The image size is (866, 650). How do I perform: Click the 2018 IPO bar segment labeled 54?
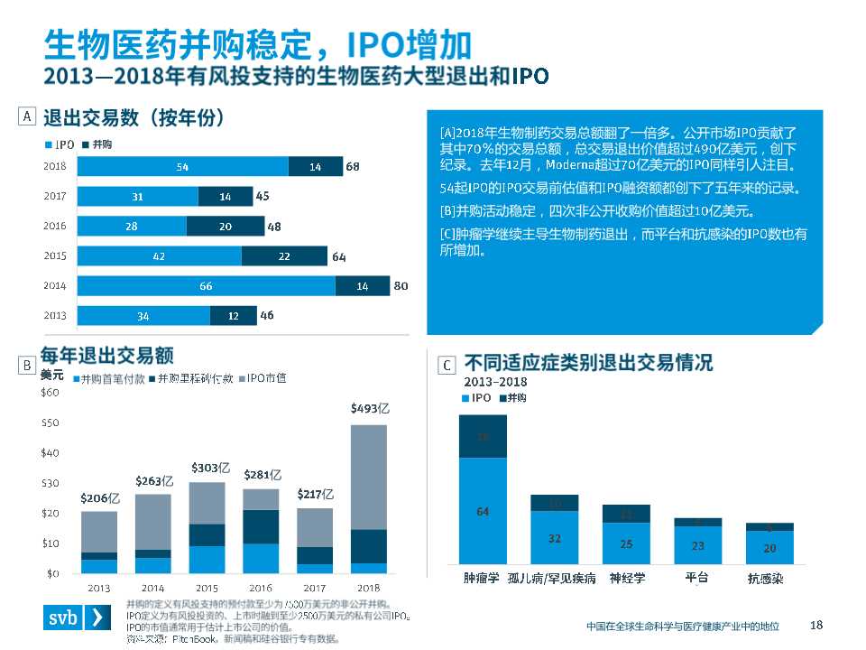coord(182,167)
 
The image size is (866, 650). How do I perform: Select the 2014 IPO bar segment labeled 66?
coord(206,286)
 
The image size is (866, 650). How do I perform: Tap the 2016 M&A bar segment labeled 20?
coord(225,227)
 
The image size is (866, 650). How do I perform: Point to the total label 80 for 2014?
coord(401,286)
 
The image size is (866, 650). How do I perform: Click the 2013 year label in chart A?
coord(54,316)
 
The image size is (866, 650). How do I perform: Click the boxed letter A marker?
coord(27,116)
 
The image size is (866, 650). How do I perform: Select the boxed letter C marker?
coord(447,365)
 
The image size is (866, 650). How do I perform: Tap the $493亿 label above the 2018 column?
coord(370,409)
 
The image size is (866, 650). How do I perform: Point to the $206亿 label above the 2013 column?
coord(100,497)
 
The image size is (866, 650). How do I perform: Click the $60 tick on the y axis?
coord(51,393)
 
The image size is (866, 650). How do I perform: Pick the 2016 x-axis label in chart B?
coord(261,588)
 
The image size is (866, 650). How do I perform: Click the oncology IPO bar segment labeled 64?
coord(483,512)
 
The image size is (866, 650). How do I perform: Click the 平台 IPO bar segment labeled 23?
coord(697,545)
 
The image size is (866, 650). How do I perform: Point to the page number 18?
coord(817,626)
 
